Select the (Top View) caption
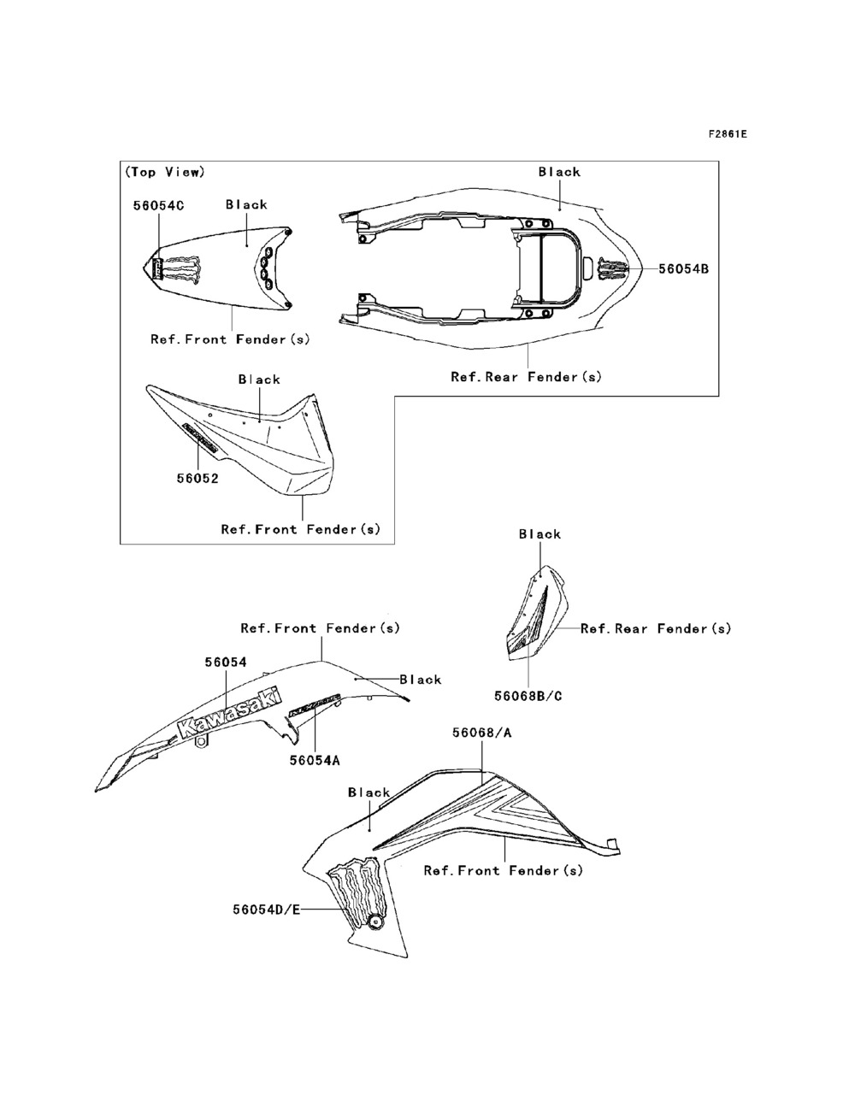point(165,172)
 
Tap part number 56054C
point(158,205)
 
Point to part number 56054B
point(683,268)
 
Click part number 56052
point(198,479)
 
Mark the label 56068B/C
point(528,696)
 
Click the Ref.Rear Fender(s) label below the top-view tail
point(526,376)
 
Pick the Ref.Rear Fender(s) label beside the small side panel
point(656,628)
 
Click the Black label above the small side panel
point(540,534)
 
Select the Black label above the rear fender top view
point(559,172)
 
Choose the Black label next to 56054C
point(246,204)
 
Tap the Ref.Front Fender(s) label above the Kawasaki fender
point(320,628)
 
